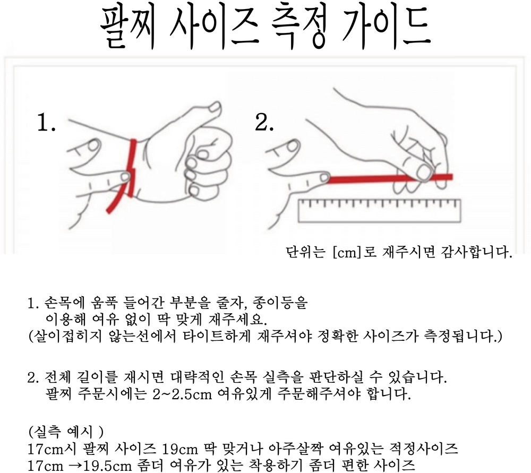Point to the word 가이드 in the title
[x=386, y=27]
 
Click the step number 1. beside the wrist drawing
[x=46, y=123]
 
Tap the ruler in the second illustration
[x=379, y=211]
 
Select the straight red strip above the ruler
[x=389, y=178]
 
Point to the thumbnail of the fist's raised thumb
[x=215, y=108]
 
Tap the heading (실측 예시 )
[x=66, y=432]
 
